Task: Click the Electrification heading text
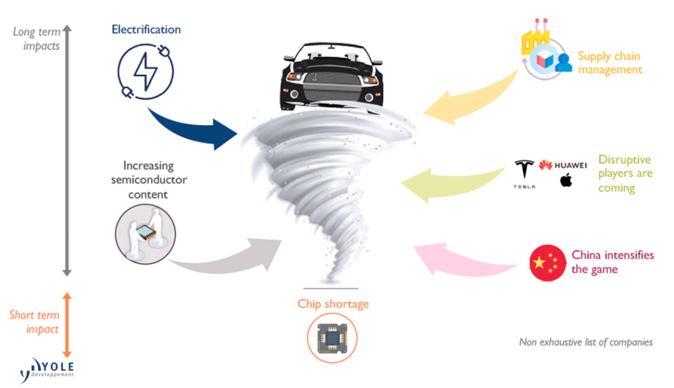(146, 29)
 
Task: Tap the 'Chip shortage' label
(333, 304)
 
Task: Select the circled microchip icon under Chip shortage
(331, 338)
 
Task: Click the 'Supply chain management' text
(609, 62)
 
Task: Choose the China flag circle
(547, 263)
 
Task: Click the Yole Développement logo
(47, 368)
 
